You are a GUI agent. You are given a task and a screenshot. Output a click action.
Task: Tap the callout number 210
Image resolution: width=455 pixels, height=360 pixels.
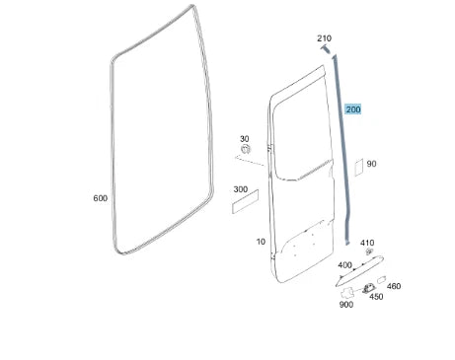(x=324, y=38)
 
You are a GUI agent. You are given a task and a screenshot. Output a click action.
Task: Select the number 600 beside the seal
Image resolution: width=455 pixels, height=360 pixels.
(x=100, y=198)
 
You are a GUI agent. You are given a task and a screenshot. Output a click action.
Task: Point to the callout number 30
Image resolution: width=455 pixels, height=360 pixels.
(x=244, y=139)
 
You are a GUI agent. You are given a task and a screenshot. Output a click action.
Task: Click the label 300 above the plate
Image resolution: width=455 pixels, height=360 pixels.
(x=240, y=189)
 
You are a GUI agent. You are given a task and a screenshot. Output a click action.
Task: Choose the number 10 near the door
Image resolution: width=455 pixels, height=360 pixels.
(x=261, y=241)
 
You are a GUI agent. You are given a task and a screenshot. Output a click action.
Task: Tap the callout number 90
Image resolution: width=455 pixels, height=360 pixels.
(x=371, y=164)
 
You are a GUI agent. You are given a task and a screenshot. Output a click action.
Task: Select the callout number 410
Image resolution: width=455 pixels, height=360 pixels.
(x=367, y=243)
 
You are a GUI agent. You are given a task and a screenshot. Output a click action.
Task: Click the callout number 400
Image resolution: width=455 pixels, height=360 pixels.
(x=344, y=265)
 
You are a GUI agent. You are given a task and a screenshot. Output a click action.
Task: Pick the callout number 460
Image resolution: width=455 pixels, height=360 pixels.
(x=394, y=286)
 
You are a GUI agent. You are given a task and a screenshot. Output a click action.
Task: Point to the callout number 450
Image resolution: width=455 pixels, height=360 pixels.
(x=375, y=296)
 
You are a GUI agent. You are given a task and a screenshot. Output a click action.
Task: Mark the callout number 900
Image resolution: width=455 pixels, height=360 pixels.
(x=345, y=305)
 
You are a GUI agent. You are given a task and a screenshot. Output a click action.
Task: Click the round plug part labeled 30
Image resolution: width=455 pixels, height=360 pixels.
(x=247, y=150)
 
